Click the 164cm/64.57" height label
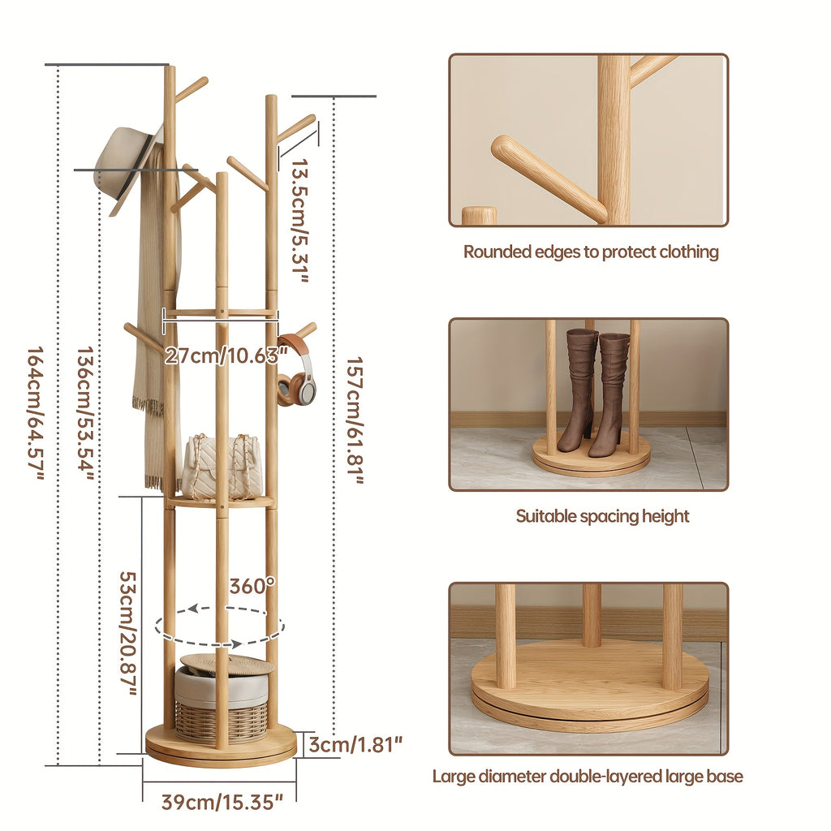36,415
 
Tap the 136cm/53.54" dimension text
85,415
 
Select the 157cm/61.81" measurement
355,420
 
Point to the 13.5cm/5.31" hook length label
301,220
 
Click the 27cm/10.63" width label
226,355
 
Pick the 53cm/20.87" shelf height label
128,634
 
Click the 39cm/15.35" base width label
222,803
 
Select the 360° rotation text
252,586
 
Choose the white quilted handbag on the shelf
221,467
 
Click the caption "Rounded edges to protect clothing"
591,252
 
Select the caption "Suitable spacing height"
602,516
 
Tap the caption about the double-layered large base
587,777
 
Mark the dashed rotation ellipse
220,626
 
